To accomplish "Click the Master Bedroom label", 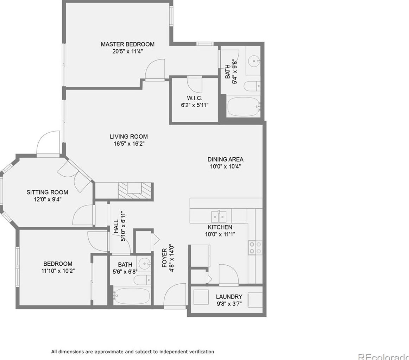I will pyautogui.click(x=127, y=44).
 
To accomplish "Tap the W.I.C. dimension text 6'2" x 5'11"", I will pyautogui.click(x=194, y=105).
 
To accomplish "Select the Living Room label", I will pyautogui.click(x=128, y=137).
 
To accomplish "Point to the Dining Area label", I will pyautogui.click(x=225, y=159).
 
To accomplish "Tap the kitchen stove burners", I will pyautogui.click(x=255, y=247).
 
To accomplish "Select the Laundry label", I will pyautogui.click(x=229, y=297).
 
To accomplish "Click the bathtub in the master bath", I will pyautogui.click(x=243, y=107).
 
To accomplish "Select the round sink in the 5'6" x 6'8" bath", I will pyautogui.click(x=144, y=263).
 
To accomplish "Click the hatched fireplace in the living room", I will pyautogui.click(x=136, y=191).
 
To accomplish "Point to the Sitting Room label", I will pyautogui.click(x=47, y=192).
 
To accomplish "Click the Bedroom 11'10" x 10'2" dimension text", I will pyautogui.click(x=58, y=271).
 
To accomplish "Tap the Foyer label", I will pyautogui.click(x=164, y=258).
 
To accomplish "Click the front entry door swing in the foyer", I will pyautogui.click(x=175, y=296).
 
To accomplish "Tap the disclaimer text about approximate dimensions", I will pyautogui.click(x=132, y=351).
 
